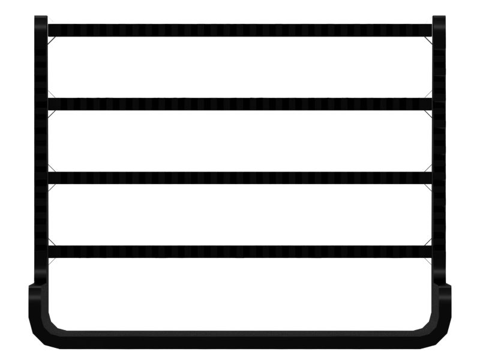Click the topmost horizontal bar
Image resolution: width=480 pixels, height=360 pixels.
click(x=240, y=30)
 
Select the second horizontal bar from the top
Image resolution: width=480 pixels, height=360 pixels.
click(x=240, y=104)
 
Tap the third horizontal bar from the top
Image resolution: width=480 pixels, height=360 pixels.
click(x=240, y=178)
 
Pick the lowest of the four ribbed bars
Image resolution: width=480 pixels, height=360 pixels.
click(x=240, y=251)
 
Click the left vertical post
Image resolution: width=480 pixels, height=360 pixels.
click(x=41, y=150)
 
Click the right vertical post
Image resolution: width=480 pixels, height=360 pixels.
click(x=439, y=150)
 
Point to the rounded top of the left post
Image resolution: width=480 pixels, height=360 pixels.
click(x=41, y=19)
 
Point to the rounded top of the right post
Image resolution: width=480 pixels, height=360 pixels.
click(x=439, y=19)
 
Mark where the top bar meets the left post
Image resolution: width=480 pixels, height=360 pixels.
click(x=48, y=30)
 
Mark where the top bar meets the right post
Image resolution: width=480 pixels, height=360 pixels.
click(x=432, y=30)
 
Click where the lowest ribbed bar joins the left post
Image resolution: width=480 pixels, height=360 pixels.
click(x=48, y=251)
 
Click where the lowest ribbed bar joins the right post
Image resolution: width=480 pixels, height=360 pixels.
click(x=432, y=251)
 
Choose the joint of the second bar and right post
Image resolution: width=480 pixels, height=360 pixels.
click(x=432, y=104)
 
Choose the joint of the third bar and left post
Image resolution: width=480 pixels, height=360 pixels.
click(x=48, y=178)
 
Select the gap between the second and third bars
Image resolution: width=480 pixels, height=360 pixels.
click(x=240, y=141)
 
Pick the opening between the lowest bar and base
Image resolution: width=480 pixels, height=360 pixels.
click(x=240, y=294)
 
